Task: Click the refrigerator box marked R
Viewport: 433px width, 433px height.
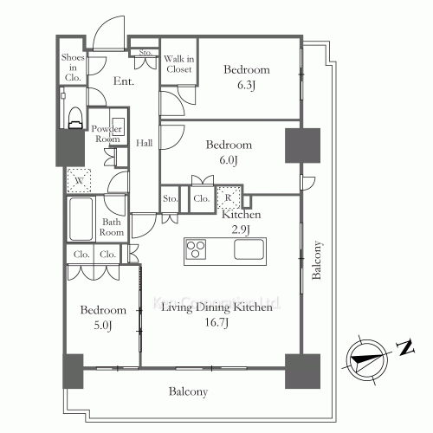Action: pos(227,198)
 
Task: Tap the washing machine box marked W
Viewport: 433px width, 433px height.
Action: pos(80,179)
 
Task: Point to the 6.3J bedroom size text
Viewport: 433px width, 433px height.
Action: pos(247,87)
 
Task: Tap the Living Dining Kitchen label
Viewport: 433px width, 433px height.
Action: pos(217,307)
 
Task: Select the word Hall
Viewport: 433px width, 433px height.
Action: pos(145,143)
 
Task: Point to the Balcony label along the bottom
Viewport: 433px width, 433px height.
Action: pos(188,392)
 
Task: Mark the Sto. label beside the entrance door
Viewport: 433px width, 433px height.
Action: pos(144,54)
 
